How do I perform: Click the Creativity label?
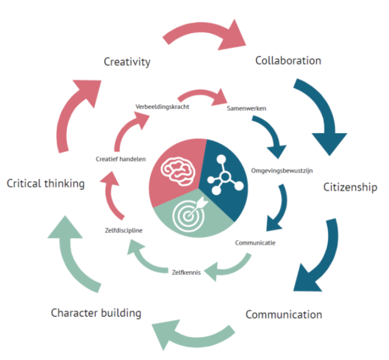[127, 62]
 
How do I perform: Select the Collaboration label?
[288, 60]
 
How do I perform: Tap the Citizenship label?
[350, 187]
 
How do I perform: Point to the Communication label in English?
[283, 314]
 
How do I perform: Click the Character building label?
[96, 313]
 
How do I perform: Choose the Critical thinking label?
[46, 183]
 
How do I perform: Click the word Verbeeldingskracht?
[163, 107]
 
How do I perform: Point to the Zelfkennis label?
[186, 272]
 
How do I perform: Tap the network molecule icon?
[225, 174]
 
